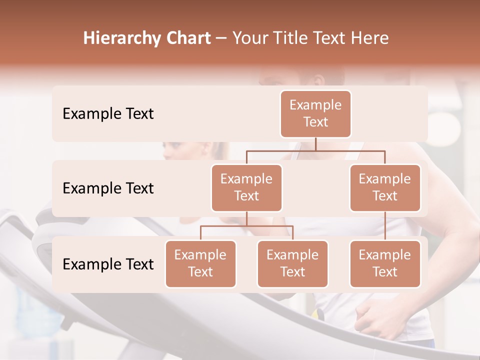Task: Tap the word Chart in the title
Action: point(186,38)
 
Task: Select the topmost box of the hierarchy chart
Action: point(315,113)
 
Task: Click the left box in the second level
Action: point(246,187)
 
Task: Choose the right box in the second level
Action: point(385,187)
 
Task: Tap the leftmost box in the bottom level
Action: point(200,263)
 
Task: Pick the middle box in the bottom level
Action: point(292,263)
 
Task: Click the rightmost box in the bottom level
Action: point(385,263)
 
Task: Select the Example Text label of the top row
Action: point(108,113)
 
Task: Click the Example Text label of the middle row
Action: point(108,188)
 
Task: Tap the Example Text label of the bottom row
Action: point(108,264)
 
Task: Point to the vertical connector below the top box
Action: point(315,144)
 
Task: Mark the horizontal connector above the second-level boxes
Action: point(315,150)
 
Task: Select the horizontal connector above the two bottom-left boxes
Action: point(246,226)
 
